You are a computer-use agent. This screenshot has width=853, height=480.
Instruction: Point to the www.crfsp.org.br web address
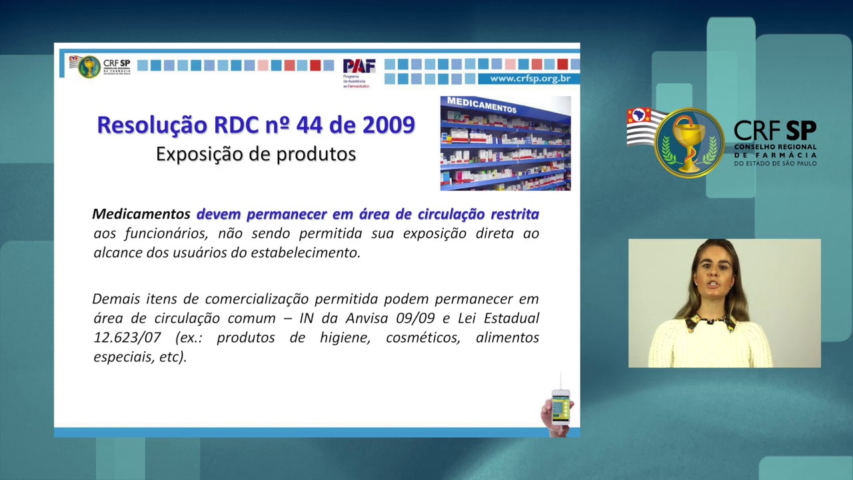(x=530, y=79)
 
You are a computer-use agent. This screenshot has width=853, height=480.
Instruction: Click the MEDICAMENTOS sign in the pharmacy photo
(x=482, y=105)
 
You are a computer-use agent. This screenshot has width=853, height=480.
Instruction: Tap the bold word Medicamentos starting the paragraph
(x=141, y=214)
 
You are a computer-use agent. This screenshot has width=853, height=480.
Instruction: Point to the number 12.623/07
(x=127, y=337)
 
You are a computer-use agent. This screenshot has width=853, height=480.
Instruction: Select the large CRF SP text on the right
(x=774, y=131)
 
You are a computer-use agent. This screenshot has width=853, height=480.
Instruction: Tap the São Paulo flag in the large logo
(x=642, y=127)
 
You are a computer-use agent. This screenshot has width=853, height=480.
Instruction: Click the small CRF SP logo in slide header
(x=101, y=67)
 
